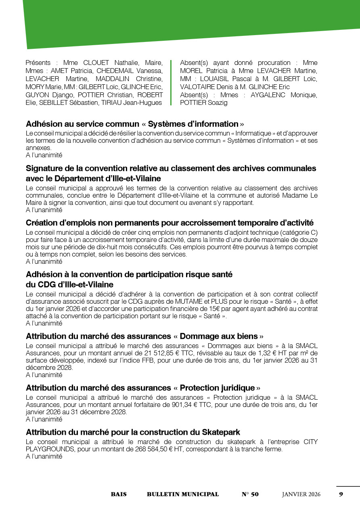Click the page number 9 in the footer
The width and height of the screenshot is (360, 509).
[x=341, y=494]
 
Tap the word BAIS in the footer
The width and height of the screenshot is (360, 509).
[x=119, y=494]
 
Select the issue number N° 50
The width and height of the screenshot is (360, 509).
[x=250, y=494]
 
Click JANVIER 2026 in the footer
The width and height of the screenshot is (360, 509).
[x=301, y=494]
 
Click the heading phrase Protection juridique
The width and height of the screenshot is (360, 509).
[x=217, y=388]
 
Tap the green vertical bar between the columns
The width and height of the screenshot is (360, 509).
[x=171, y=83]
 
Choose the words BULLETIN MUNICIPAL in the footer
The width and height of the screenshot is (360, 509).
[x=183, y=494]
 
